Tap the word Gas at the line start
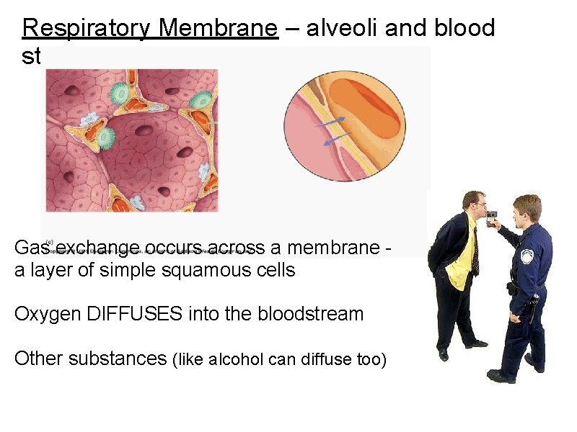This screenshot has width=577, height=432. click(31, 248)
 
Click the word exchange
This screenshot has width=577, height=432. click(97, 248)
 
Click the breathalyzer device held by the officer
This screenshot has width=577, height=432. click(490, 216)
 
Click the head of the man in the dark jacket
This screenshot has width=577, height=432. click(474, 205)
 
